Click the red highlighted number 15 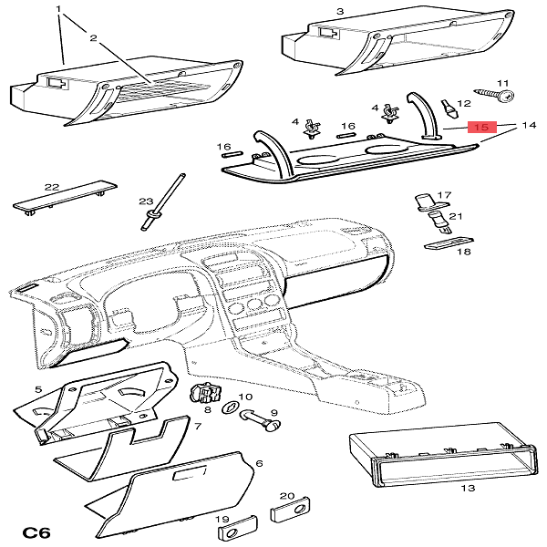[480, 127]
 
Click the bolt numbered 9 [261, 421]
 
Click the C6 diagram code [34, 532]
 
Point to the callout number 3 [339, 11]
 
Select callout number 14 [527, 124]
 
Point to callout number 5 [38, 389]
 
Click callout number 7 [197, 426]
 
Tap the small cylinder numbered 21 [438, 220]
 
